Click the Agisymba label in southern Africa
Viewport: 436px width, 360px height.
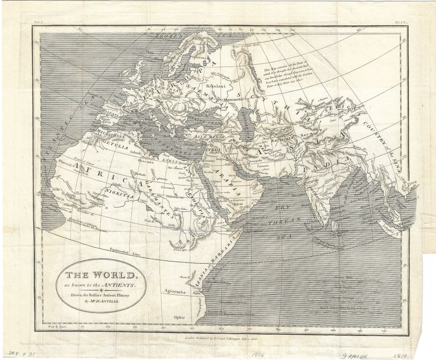(x=176, y=292)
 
